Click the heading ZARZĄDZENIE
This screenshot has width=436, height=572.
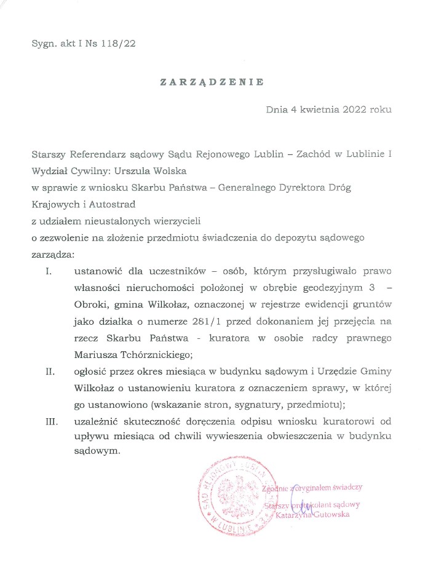pyautogui.click(x=212, y=81)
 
